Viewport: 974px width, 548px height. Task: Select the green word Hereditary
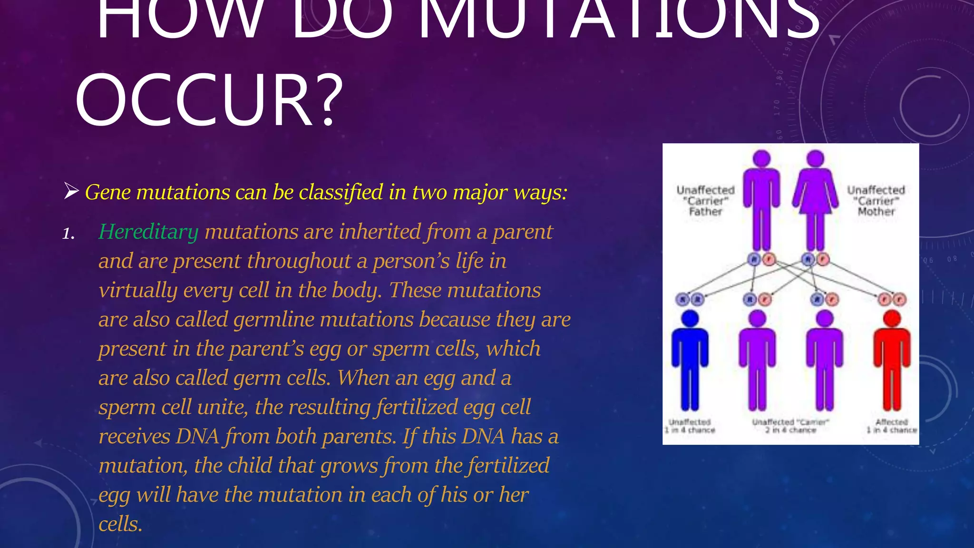[148, 232]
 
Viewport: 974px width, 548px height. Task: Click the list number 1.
[68, 234]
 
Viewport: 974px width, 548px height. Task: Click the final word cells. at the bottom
[120, 524]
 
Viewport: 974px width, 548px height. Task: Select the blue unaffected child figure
[690, 361]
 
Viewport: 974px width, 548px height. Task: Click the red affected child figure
[892, 361]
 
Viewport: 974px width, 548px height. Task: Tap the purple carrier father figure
[761, 200]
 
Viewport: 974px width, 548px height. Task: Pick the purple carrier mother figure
[815, 200]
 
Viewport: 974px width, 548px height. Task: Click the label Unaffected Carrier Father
[705, 201]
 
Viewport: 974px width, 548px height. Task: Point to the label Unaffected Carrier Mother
[876, 201]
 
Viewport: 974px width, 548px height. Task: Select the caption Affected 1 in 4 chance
[891, 426]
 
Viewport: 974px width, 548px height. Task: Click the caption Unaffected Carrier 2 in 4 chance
[790, 426]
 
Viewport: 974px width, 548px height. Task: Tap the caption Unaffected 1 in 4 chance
[690, 426]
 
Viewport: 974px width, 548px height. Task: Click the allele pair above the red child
[892, 299]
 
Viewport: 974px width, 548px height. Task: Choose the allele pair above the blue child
[690, 299]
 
